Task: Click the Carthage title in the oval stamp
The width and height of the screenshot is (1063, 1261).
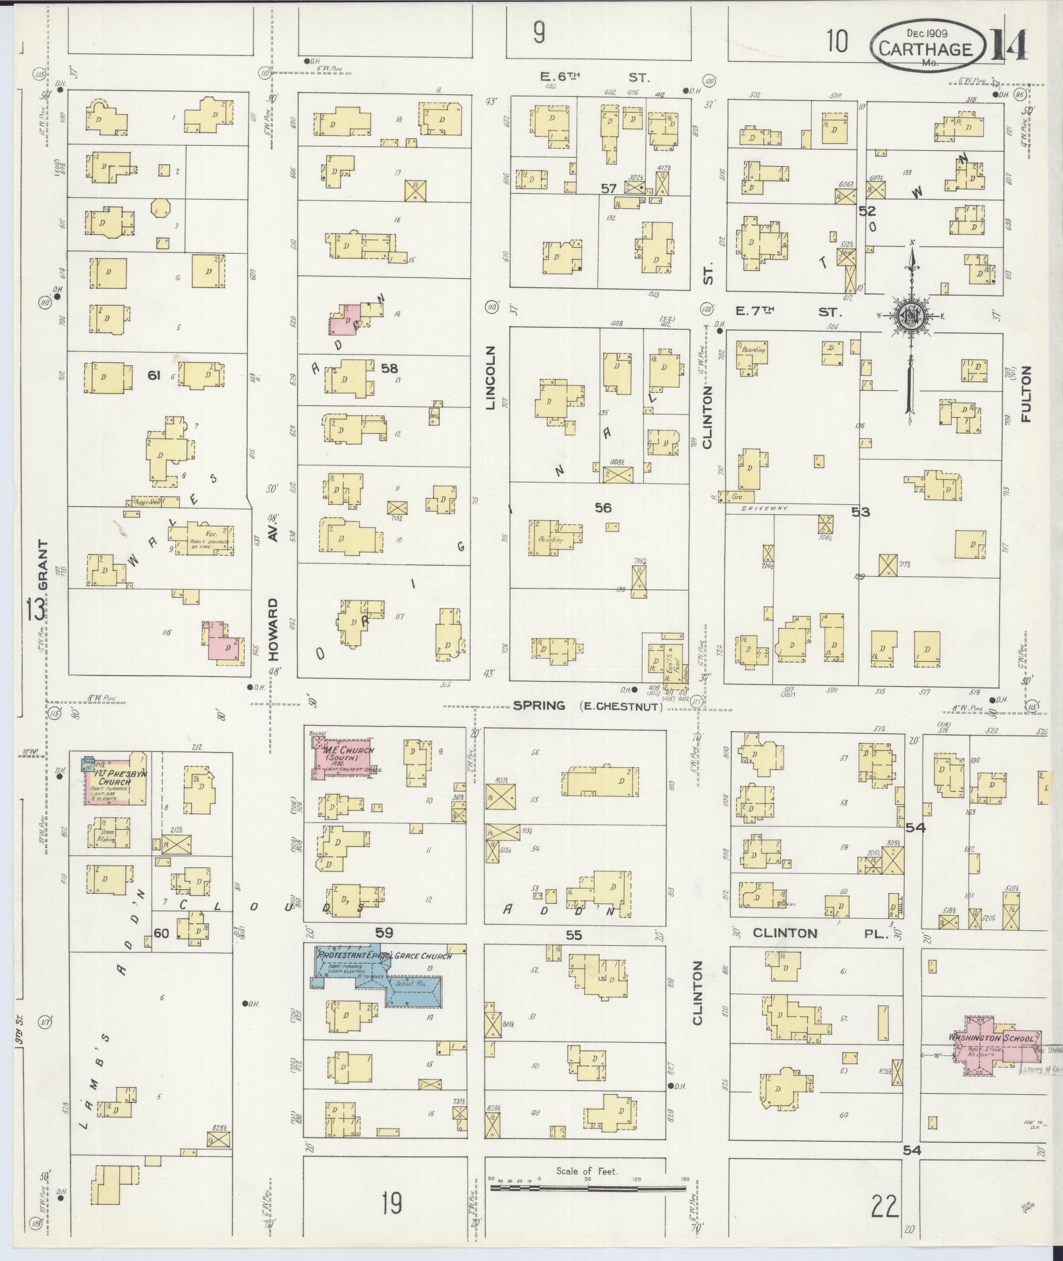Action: point(925,49)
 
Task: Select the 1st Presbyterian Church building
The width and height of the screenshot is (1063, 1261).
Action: point(116,779)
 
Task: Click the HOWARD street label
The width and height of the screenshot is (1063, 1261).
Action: point(274,629)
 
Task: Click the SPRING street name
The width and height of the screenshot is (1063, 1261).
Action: point(539,705)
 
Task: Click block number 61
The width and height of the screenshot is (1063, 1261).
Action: point(154,375)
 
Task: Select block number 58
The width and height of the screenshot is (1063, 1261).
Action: point(390,368)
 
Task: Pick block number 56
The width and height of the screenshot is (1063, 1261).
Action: point(603,507)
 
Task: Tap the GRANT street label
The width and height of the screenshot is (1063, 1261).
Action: point(43,565)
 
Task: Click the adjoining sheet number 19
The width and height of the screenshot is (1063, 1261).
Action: point(391,1204)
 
